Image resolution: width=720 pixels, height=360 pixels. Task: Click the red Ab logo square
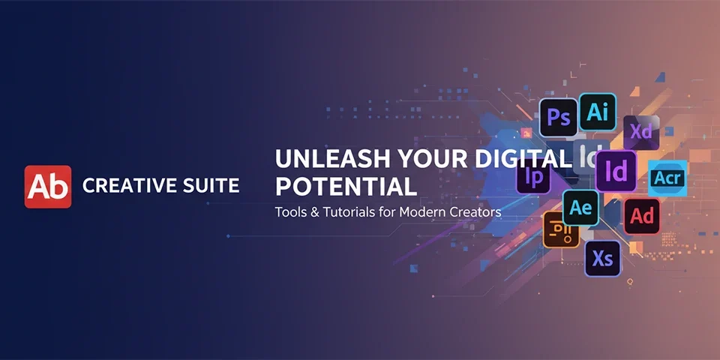coord(48,187)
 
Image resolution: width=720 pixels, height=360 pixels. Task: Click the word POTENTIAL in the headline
coord(345,185)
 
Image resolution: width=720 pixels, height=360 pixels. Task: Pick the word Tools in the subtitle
coord(289,212)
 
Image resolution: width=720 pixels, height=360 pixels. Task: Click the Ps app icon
coord(559,118)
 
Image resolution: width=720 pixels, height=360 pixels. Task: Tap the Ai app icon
coord(598,112)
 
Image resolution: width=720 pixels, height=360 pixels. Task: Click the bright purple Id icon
coord(616,172)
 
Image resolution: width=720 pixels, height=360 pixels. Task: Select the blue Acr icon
coord(667,178)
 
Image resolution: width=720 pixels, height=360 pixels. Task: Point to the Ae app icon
coord(581,208)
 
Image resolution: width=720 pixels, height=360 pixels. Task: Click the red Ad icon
coord(642,217)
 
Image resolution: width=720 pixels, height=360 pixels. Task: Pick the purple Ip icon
coord(534,177)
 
